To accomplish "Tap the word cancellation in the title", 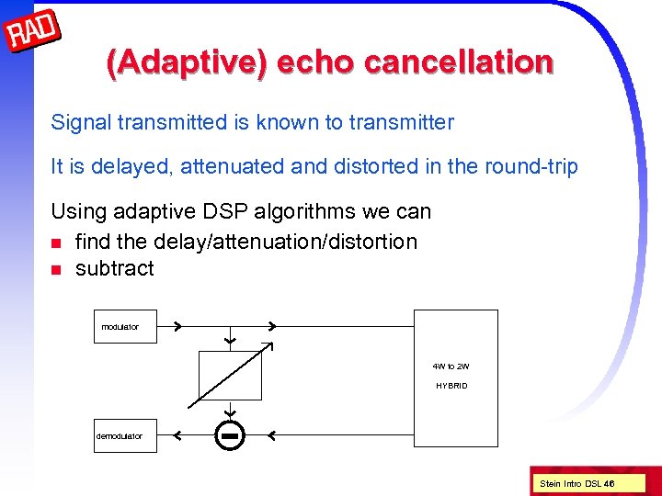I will coord(459,62).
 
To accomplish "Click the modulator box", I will coord(125,327).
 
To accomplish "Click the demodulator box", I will coord(125,435).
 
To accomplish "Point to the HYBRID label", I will coord(451,386).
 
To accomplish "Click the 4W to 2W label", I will coord(451,366).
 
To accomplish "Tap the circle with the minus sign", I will coord(231,434).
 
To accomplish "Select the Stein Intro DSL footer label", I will coord(576,483).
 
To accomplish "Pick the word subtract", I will coord(114,268).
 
